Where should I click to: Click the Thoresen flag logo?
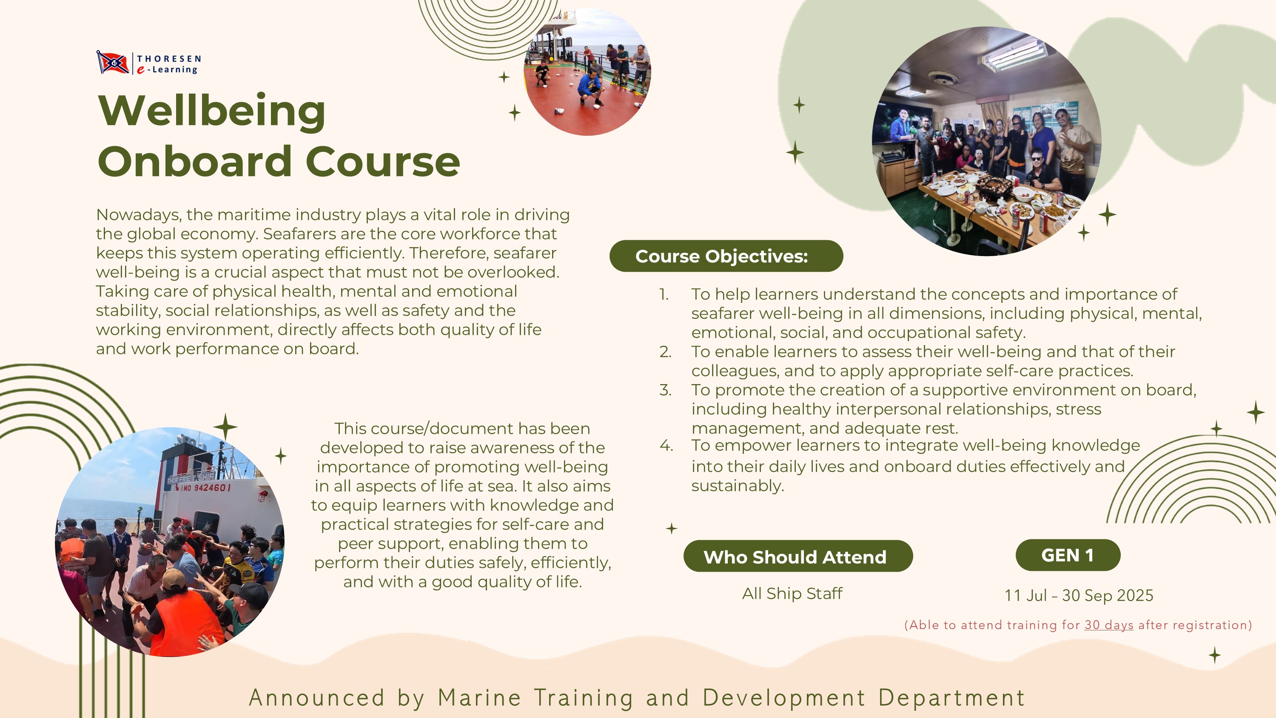pyautogui.click(x=113, y=63)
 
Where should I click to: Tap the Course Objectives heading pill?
pyautogui.click(x=726, y=256)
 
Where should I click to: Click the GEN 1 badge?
pyautogui.click(x=1068, y=555)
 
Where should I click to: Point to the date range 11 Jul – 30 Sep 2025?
pyautogui.click(x=1079, y=595)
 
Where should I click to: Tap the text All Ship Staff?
pyautogui.click(x=792, y=593)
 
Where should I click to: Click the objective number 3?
pyautogui.click(x=665, y=390)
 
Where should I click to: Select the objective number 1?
pyautogui.click(x=664, y=294)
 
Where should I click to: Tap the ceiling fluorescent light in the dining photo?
pyautogui.click(x=1013, y=54)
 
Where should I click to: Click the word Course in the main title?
pyautogui.click(x=383, y=162)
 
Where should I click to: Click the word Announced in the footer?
pyautogui.click(x=317, y=698)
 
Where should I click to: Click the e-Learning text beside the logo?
pyautogui.click(x=168, y=70)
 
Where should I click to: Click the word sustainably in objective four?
pyautogui.click(x=738, y=486)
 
